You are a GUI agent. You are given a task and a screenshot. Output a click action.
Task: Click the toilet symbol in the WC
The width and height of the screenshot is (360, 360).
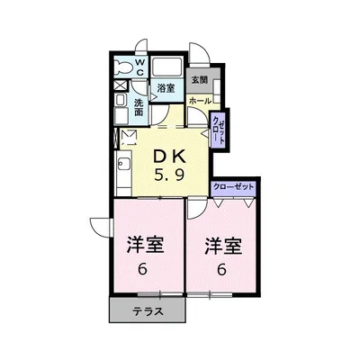123,68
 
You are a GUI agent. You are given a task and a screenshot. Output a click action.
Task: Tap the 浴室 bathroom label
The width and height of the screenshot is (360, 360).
166,88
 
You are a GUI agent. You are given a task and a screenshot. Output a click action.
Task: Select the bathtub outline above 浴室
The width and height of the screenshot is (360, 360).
166,67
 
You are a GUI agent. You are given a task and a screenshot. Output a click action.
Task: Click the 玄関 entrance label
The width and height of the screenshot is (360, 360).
200,80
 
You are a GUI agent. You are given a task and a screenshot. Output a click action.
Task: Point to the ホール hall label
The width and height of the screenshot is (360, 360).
200,101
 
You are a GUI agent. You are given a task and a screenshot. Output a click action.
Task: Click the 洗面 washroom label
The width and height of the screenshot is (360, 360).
139,107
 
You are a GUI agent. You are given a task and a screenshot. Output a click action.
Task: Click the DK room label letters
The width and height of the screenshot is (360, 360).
169,157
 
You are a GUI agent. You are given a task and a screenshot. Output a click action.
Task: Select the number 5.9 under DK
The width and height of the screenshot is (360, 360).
169,175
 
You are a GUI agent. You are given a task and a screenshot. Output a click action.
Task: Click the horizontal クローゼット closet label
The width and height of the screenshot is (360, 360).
233,187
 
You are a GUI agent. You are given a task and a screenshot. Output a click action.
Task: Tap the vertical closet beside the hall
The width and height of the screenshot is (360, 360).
218,130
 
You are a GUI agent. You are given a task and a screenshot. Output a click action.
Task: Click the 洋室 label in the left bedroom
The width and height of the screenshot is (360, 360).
145,245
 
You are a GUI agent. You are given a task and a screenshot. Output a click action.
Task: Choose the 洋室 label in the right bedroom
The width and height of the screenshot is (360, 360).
223,246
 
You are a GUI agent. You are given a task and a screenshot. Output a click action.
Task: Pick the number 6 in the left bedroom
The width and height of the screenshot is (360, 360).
143,269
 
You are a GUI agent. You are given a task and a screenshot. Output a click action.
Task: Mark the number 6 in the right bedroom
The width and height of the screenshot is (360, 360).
221,269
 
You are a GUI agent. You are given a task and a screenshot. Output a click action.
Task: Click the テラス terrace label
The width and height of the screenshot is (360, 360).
148,311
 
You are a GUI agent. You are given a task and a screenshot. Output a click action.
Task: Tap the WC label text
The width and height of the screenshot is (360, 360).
140,67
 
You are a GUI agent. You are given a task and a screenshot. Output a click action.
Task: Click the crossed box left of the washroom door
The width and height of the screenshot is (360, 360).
121,85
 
